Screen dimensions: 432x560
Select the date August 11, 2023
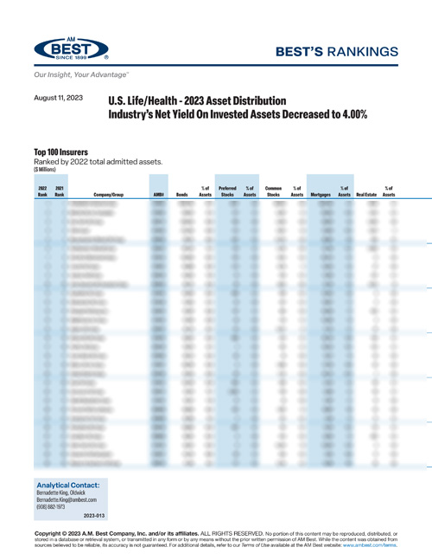59,99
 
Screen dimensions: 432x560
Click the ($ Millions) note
45,170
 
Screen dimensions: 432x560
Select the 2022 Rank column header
41,191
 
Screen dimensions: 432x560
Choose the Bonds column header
182,196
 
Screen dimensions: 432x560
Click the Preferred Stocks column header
227,191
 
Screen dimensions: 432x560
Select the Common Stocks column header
274,191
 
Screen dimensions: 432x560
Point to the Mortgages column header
320,196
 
